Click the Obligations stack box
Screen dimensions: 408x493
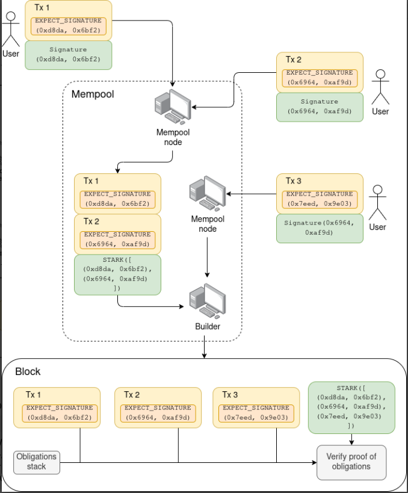tap(37, 462)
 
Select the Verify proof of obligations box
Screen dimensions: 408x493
tap(351, 462)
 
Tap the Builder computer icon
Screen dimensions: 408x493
tap(208, 301)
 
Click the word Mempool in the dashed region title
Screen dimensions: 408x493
tap(93, 94)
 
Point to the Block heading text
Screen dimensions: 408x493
tap(28, 371)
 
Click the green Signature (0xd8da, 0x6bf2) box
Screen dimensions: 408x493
tap(68, 55)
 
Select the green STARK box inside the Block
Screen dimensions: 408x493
tap(351, 408)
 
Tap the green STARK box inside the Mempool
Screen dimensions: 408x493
tap(117, 274)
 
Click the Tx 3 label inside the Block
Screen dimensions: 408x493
tap(230, 395)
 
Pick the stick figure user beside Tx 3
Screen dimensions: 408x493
tap(377, 203)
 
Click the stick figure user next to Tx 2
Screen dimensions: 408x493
tap(380, 87)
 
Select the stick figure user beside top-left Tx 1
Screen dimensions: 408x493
tap(11, 29)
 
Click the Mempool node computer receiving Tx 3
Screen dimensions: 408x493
tap(208, 194)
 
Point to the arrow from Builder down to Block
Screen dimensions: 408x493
tap(205, 347)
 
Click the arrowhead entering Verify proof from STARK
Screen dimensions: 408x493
tap(351, 442)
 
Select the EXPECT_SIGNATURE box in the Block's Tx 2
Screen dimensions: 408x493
tap(158, 413)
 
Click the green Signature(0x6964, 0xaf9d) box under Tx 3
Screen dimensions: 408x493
tap(320, 228)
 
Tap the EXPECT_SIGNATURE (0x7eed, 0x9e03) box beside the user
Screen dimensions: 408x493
tap(320, 199)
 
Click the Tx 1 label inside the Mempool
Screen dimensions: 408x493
tap(91, 181)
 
